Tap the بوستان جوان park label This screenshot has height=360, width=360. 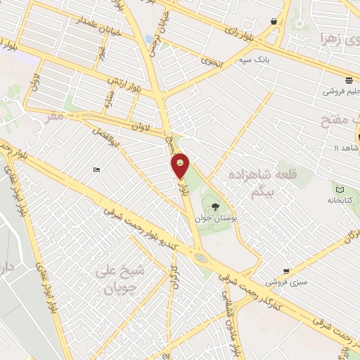coord(215,219)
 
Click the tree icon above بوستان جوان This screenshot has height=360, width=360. coord(215,207)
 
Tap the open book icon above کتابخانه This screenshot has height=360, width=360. coord(340,189)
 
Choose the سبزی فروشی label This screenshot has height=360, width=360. coord(285,281)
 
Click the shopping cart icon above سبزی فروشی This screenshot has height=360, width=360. coord(285,271)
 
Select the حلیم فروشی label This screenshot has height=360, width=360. coord(343,91)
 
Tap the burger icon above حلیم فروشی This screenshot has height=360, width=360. coord(348,79)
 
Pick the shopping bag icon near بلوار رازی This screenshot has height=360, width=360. coord(274,21)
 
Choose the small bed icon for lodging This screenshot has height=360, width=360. coord(96,169)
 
